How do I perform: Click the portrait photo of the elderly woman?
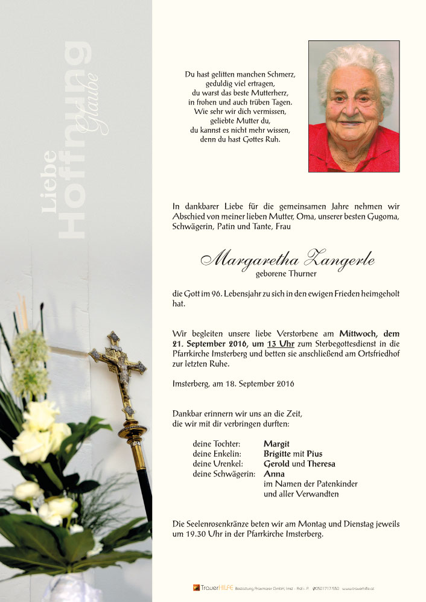click(x=354, y=106)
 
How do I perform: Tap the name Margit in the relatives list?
click(x=276, y=444)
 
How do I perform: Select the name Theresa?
click(x=321, y=464)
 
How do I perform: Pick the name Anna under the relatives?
click(x=274, y=474)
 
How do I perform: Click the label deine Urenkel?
click(x=218, y=464)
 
